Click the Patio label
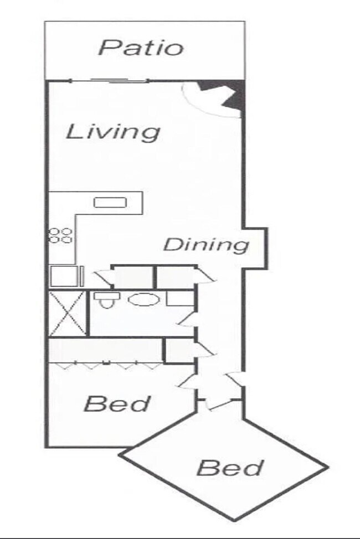point(141,48)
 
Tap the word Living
point(113,132)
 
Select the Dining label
point(205,245)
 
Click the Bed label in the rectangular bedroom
point(117,403)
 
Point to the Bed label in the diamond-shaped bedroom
point(229,468)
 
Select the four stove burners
point(60,235)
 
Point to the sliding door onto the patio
point(119,81)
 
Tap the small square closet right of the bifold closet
point(179,351)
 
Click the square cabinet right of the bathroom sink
point(179,298)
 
